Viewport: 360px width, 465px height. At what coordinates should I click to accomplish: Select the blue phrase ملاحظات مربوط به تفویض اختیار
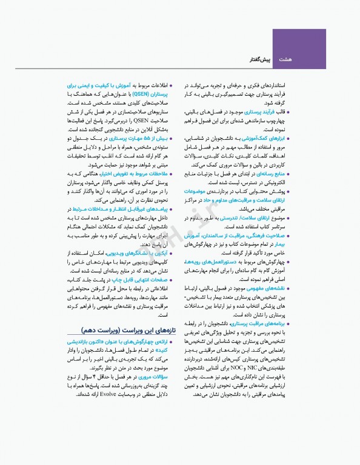[134, 174]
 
